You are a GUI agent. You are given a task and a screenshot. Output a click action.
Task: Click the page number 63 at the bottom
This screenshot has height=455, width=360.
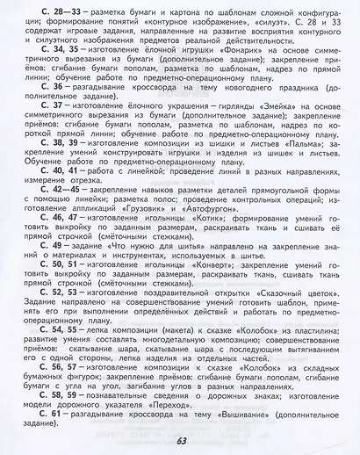(181, 440)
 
